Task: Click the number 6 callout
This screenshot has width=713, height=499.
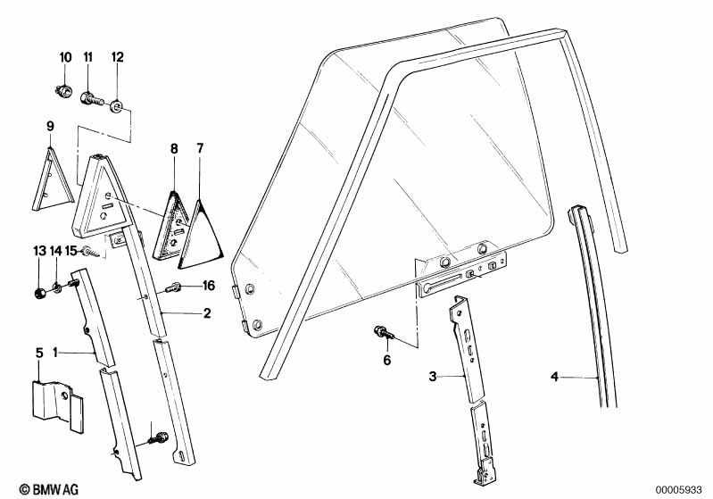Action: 386,360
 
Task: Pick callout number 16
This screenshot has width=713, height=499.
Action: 209,286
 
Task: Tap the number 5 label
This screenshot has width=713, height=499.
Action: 38,353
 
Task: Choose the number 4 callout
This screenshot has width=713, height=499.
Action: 554,378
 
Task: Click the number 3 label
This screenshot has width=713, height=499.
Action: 432,378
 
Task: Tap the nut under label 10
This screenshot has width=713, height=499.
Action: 63,90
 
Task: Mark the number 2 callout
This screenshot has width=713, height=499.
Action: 206,314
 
